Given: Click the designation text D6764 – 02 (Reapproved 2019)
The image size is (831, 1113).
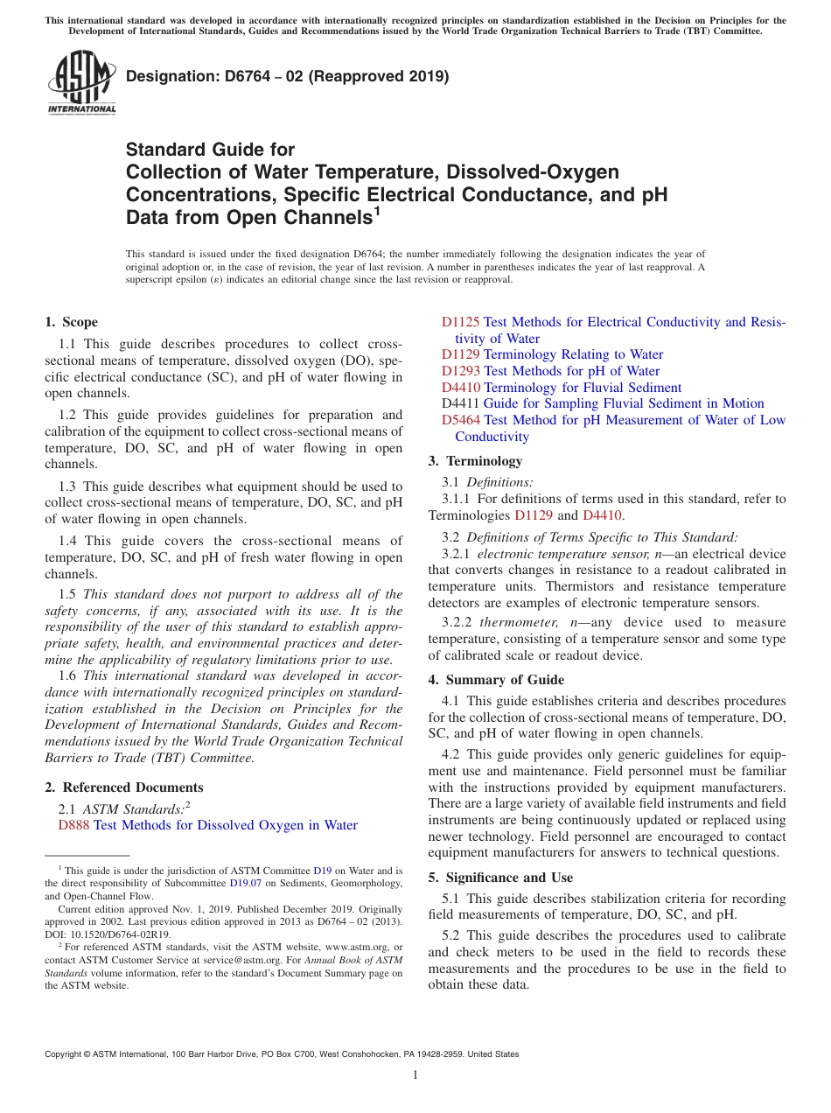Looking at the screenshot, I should pos(288,76).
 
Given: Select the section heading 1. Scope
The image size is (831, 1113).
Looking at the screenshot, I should pos(72,322).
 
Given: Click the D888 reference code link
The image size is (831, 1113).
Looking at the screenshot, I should pos(74,825).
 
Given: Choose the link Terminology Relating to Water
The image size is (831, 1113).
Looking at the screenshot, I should pos(573,354).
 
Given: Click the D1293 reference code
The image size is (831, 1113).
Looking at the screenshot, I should pos(461,371).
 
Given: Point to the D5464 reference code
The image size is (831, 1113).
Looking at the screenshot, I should pos(461,420).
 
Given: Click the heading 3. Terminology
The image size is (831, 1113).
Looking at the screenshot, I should pos(475,461).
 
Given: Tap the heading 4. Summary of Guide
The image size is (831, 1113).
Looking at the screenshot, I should pos(496,680).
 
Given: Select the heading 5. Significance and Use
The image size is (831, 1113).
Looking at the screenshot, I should pos(500,878).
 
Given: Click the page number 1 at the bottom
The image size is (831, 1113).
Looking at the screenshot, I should pos(415,1074).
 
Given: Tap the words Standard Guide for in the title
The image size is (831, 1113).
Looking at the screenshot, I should pos(211,150).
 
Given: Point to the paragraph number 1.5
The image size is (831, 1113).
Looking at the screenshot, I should pos(68,594).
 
